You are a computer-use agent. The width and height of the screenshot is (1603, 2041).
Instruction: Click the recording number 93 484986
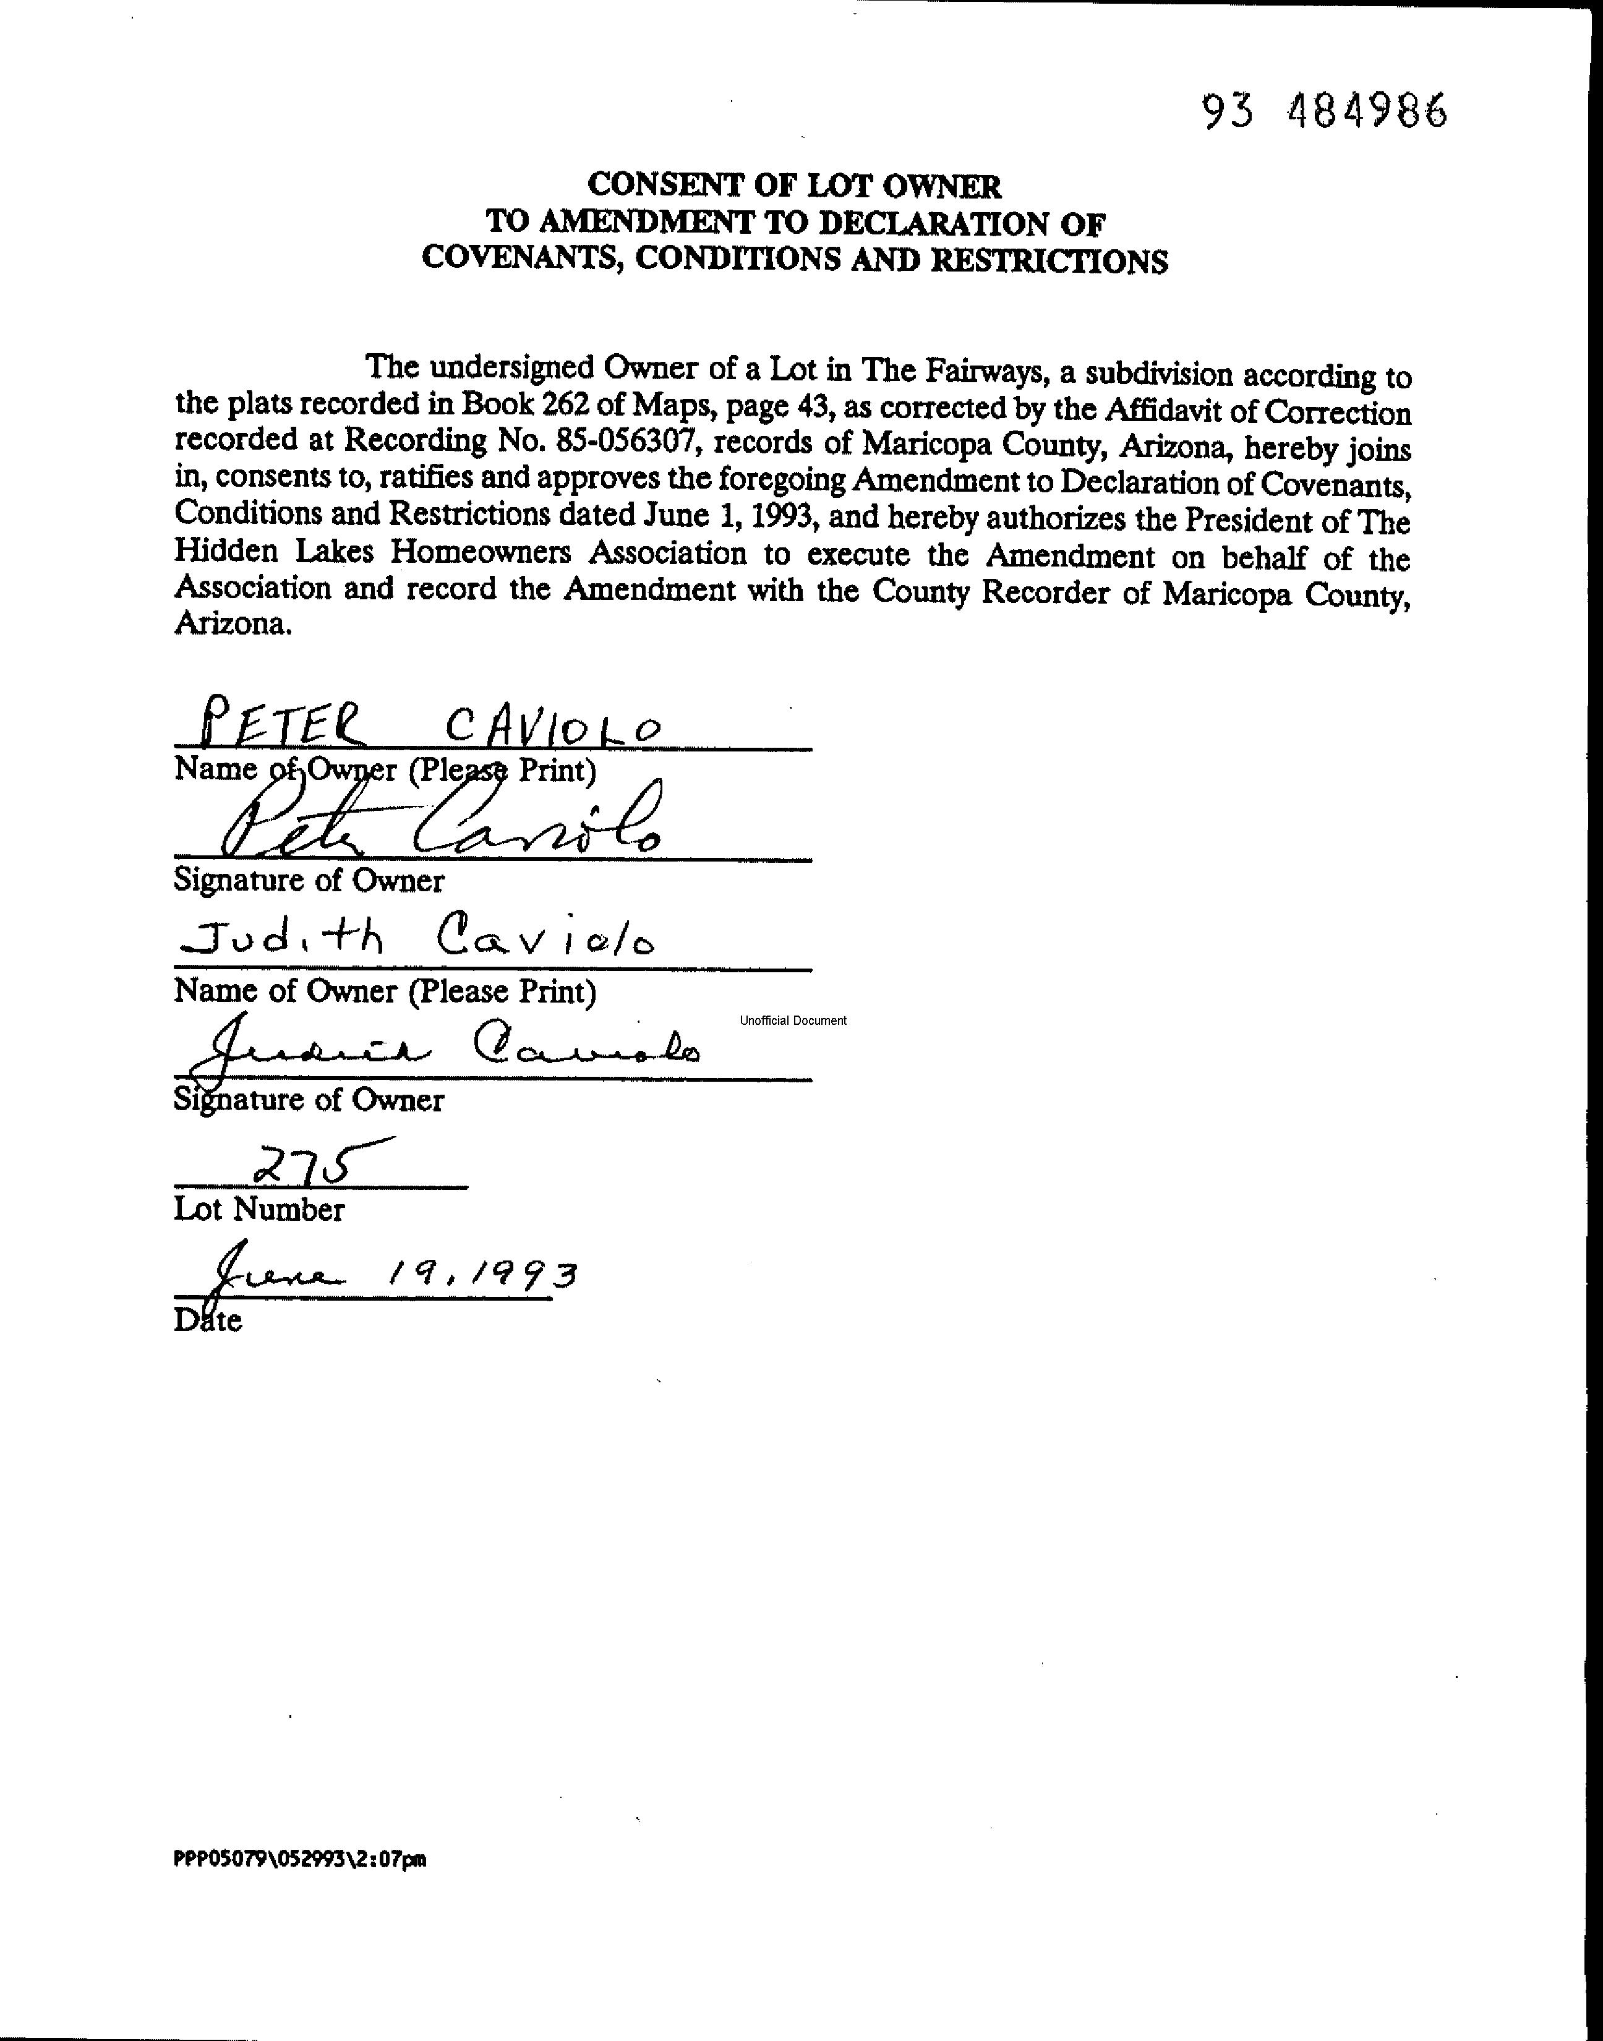coord(1324,113)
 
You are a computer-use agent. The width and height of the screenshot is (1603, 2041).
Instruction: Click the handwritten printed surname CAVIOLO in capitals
coord(553,725)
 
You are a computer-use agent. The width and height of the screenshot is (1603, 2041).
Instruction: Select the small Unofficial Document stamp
coord(792,1021)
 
